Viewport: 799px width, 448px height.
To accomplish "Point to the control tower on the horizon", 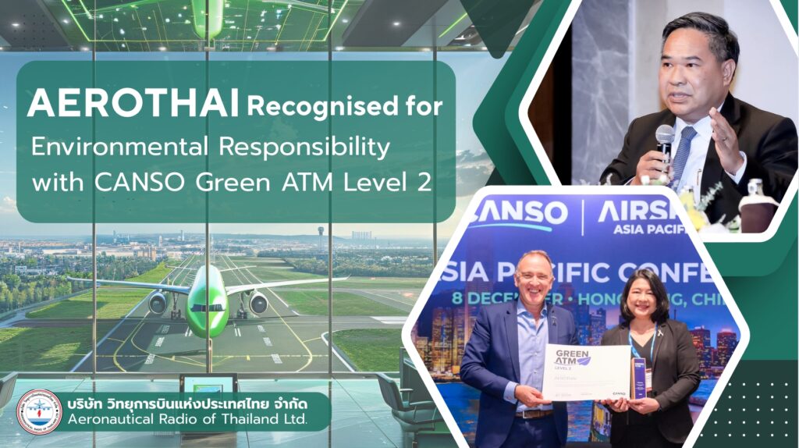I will [320, 236].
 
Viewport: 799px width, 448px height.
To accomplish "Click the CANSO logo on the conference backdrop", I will [520, 212].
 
